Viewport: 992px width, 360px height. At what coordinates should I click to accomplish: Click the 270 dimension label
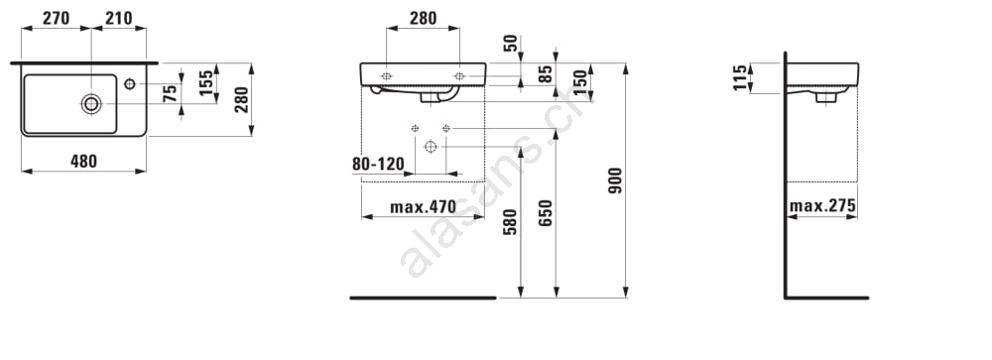coord(56,19)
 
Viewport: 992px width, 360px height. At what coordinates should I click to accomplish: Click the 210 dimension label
coord(119,19)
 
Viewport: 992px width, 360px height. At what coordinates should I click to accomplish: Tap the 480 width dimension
coord(83,162)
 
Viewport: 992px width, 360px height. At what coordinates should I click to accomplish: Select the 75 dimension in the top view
coord(170,94)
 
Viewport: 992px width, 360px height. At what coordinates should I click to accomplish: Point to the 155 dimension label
coord(206,83)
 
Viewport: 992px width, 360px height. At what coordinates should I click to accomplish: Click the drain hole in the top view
coord(91,103)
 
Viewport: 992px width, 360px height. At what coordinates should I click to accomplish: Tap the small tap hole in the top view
coord(130,83)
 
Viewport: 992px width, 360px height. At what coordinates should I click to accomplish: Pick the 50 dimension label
coord(511,43)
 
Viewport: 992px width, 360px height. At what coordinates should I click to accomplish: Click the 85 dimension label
coord(546,73)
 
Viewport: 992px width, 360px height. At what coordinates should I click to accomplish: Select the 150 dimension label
coord(581,81)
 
